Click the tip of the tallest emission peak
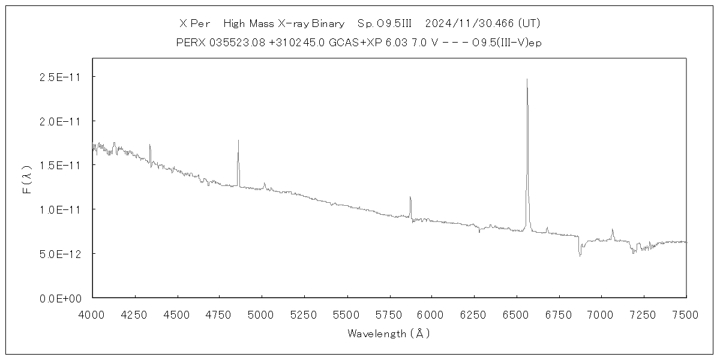click(x=527, y=79)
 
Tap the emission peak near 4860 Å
click(x=238, y=141)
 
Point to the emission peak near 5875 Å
click(x=410, y=197)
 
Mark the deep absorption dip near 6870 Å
click(x=580, y=256)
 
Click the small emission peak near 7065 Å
click(x=612, y=229)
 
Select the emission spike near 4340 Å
click(x=149, y=145)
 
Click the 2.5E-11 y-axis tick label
click(x=59, y=77)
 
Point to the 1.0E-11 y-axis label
click(x=59, y=209)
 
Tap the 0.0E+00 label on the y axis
click(x=59, y=298)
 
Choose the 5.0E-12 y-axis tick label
click(x=59, y=254)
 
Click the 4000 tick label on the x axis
click(x=92, y=314)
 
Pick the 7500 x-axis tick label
click(x=686, y=314)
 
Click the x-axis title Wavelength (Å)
click(x=389, y=334)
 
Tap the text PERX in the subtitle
click(x=188, y=43)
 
